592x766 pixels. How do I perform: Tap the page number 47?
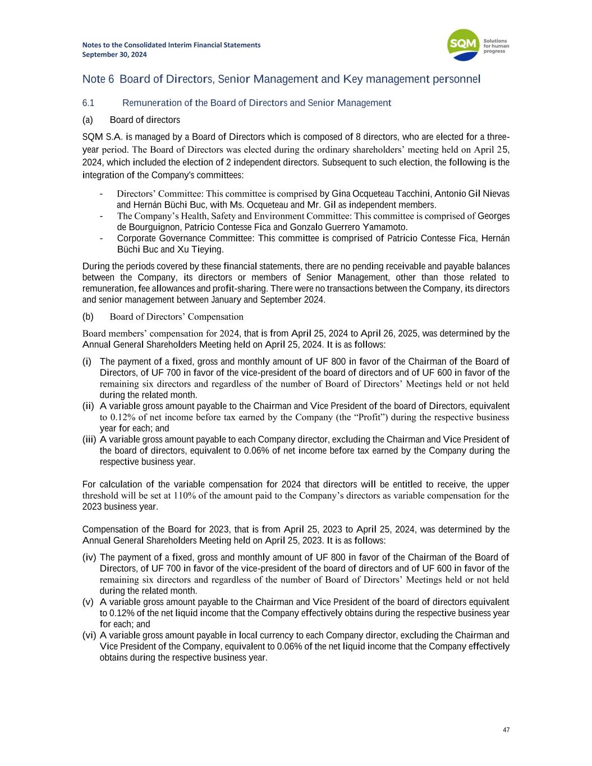point(506,730)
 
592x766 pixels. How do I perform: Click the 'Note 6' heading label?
point(98,79)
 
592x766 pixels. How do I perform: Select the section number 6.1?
point(89,103)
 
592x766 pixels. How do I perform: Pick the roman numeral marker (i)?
point(88,361)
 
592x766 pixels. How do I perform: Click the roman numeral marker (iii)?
point(89,439)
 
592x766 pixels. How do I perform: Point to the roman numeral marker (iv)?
point(89,557)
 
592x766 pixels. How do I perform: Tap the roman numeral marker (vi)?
point(89,635)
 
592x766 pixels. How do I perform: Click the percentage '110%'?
point(183,496)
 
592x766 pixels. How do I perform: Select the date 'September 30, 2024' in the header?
point(114,54)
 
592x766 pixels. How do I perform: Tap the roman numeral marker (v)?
point(88,602)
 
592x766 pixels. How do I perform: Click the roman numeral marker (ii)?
point(89,406)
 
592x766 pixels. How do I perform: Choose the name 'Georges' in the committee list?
point(493,216)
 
